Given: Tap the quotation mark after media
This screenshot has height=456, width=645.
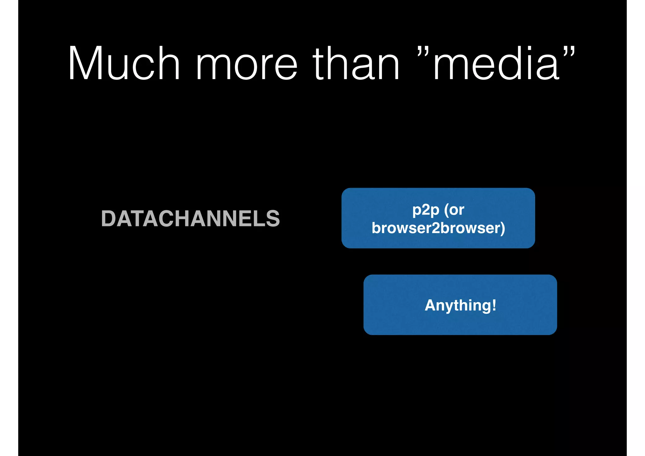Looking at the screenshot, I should click(x=569, y=52).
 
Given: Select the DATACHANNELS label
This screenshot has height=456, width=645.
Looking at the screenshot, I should click(x=191, y=219).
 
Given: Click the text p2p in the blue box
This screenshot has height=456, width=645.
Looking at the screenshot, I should click(x=426, y=210).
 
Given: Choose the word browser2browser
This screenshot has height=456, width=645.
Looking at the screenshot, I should click(x=436, y=228).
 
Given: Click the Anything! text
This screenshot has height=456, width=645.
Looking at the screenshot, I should click(x=460, y=305).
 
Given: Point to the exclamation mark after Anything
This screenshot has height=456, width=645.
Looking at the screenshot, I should click(x=494, y=305).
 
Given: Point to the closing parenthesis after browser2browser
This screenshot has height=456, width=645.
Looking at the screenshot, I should click(x=503, y=228).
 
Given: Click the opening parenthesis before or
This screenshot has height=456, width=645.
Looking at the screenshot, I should click(x=446, y=210).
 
